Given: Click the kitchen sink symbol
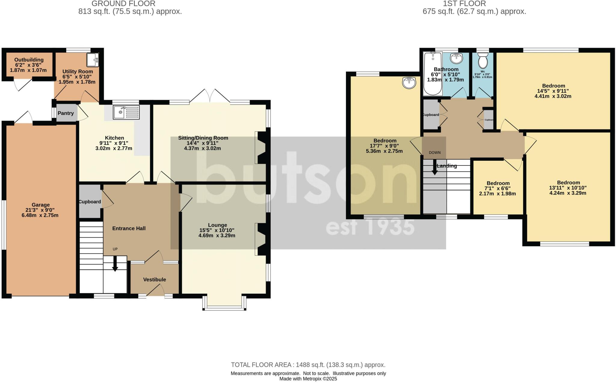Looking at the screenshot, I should (126, 112).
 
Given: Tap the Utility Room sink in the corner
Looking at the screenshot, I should (92, 60).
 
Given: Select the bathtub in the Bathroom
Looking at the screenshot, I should (433, 74).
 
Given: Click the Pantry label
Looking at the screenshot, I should (66, 113).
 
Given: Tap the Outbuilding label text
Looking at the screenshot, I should (29, 60).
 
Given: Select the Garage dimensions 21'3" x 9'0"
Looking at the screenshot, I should (41, 210).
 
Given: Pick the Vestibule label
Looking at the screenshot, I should (154, 280).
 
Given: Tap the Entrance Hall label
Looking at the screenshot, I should (129, 228).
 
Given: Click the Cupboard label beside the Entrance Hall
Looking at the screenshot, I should (90, 202).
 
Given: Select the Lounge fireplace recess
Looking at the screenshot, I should (260, 239).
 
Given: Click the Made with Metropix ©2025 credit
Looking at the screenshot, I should (308, 379).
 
